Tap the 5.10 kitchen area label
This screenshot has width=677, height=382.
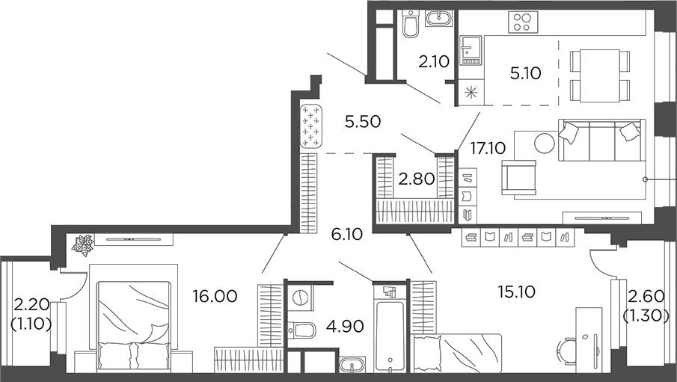[524, 73]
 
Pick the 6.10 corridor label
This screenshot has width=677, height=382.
[346, 235]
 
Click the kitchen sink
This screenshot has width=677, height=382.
[471, 50]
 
